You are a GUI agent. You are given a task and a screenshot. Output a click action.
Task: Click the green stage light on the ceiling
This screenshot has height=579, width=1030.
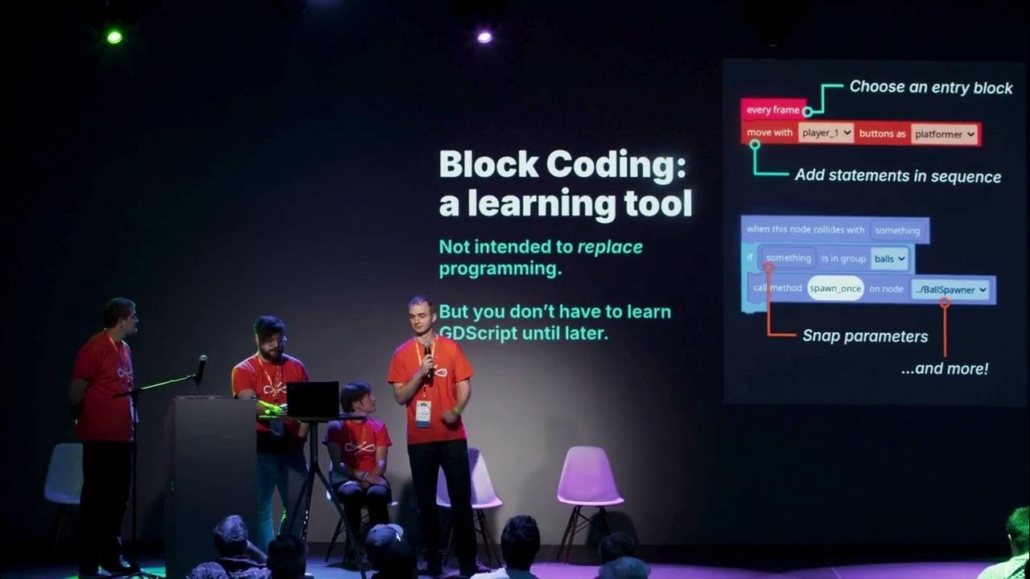[114, 36]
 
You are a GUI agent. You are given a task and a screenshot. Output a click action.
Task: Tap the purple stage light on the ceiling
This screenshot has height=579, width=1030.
[484, 36]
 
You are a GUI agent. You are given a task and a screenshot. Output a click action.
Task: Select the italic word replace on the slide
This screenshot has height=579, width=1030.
[609, 247]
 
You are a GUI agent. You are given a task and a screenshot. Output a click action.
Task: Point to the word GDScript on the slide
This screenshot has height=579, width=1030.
[484, 332]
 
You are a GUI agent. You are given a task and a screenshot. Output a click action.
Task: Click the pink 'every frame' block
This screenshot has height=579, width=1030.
[772, 110]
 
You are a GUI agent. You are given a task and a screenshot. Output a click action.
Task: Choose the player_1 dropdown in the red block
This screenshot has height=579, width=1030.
[826, 133]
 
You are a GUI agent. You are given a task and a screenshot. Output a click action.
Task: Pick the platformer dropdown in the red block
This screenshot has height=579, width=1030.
[945, 134]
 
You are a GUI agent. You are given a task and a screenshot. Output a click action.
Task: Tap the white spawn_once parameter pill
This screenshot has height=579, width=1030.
[835, 289]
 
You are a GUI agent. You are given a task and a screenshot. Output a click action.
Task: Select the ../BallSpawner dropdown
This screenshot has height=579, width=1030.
[950, 289]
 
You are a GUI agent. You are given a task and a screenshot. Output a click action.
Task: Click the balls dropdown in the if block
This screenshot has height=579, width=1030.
[888, 259]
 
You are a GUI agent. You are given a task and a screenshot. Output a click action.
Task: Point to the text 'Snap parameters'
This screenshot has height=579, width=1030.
[865, 336]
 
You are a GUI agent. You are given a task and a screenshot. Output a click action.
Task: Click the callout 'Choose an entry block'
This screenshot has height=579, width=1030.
[931, 88]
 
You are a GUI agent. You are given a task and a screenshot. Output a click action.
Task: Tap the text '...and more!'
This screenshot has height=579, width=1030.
[945, 369]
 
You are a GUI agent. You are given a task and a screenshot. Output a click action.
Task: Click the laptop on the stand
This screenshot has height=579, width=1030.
[312, 399]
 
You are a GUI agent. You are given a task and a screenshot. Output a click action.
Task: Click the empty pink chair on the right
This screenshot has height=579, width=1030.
[589, 478]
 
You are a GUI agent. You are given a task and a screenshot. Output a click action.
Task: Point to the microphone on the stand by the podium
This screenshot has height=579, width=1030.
[201, 364]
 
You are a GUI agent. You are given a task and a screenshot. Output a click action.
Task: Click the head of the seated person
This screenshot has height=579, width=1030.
[355, 397]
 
